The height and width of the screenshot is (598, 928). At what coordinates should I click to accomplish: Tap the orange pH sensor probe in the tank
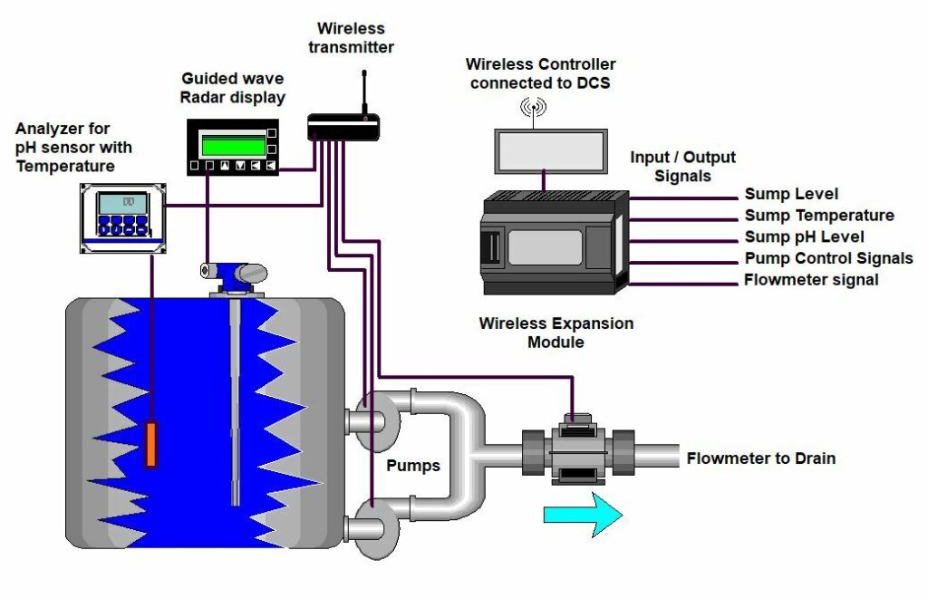[151, 444]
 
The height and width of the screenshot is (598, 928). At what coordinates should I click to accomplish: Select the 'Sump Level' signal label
[791, 194]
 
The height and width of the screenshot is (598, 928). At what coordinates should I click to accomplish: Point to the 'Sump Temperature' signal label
[819, 216]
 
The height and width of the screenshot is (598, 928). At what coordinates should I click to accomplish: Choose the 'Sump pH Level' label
[805, 237]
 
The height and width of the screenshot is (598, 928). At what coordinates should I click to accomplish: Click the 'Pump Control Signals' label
[828, 259]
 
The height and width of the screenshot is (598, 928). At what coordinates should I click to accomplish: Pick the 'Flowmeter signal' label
[811, 280]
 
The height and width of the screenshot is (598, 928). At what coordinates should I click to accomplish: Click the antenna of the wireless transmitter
[364, 92]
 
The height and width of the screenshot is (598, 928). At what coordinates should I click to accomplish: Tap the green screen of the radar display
[233, 144]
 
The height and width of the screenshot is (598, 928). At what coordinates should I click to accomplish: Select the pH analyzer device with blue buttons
[122, 218]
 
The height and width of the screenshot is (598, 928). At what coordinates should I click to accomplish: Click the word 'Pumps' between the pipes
[413, 466]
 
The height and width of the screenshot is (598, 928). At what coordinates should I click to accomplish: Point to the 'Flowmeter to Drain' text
[760, 458]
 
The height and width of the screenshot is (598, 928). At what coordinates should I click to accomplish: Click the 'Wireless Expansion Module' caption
[556, 333]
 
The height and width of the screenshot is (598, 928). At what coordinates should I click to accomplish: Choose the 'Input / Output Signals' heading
[682, 166]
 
